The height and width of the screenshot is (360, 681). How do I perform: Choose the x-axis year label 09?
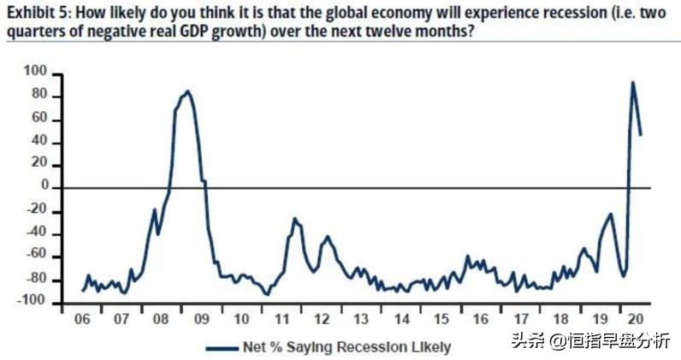pos(201,318)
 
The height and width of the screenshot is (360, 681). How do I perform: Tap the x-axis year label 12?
pos(322,318)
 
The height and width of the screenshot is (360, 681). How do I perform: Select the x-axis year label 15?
pos(441,318)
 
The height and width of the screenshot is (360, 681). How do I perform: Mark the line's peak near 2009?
pos(187,91)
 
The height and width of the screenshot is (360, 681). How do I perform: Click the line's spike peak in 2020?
pos(633,82)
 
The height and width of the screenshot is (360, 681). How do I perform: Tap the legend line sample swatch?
pos(223,346)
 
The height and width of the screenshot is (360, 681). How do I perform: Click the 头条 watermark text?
pos(528,341)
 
